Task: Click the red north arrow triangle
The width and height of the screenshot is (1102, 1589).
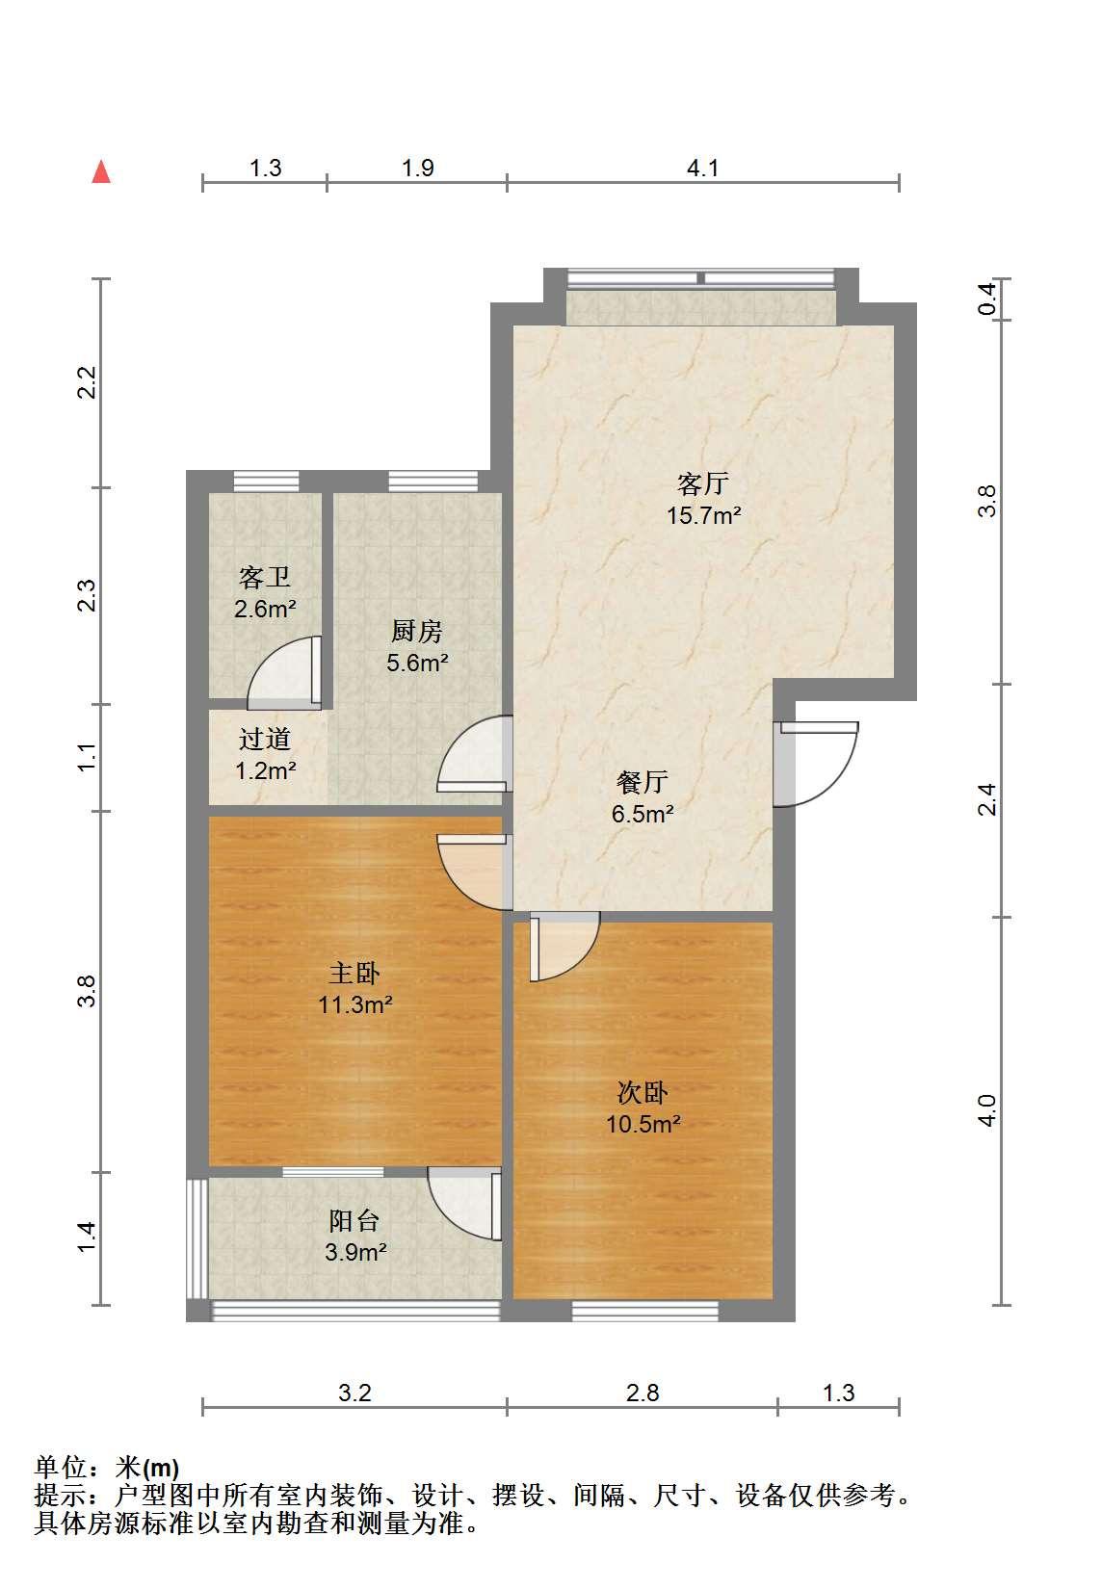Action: point(101,172)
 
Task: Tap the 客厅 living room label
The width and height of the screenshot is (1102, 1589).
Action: point(702,483)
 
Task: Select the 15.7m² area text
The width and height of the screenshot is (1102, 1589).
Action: point(703,515)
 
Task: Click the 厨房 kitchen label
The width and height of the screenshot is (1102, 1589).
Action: point(416,632)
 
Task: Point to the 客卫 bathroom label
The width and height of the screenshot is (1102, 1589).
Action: point(265,578)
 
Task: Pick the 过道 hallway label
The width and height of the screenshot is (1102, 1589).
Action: point(265,740)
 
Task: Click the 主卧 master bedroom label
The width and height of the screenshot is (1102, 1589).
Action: point(354,973)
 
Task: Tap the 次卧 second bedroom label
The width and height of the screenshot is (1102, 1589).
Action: point(643,1092)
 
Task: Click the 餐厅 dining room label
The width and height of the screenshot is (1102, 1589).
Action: point(643,782)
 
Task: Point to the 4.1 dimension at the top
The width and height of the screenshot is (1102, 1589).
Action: point(702,169)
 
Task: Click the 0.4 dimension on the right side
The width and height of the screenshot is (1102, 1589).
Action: point(987,299)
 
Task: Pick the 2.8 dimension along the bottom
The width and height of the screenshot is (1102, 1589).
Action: point(643,1394)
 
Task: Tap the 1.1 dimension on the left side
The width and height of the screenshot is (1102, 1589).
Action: point(87,757)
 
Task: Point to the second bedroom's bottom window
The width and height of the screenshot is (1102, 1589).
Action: point(645,1310)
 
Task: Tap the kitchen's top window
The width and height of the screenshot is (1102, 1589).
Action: point(433,481)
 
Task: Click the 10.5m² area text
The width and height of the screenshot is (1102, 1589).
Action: point(643,1125)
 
